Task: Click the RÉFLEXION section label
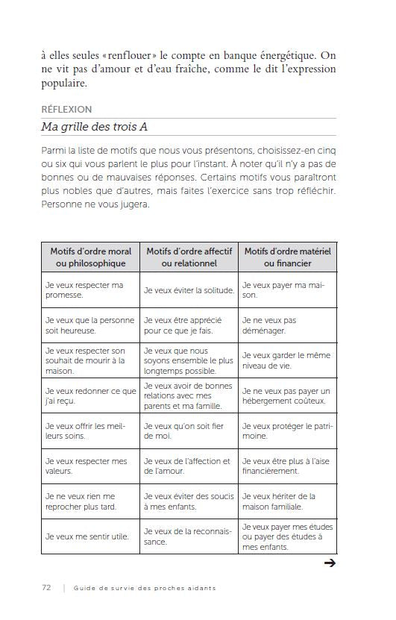pyautogui.click(x=66, y=110)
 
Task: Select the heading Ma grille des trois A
pyautogui.click(x=94, y=127)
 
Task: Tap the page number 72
pyautogui.click(x=46, y=587)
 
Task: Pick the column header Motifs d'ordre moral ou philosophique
pyautogui.click(x=90, y=257)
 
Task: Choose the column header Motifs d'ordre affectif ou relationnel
pyautogui.click(x=189, y=257)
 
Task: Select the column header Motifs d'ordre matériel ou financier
pyautogui.click(x=287, y=257)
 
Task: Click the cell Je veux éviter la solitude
pyautogui.click(x=189, y=290)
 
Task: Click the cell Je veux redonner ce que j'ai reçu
pyautogui.click(x=90, y=395)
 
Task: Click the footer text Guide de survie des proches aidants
pyautogui.click(x=145, y=588)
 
